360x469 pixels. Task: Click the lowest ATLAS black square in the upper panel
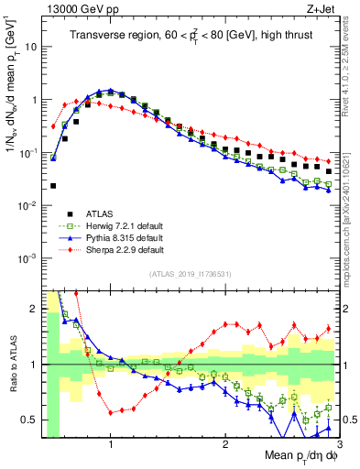53,186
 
